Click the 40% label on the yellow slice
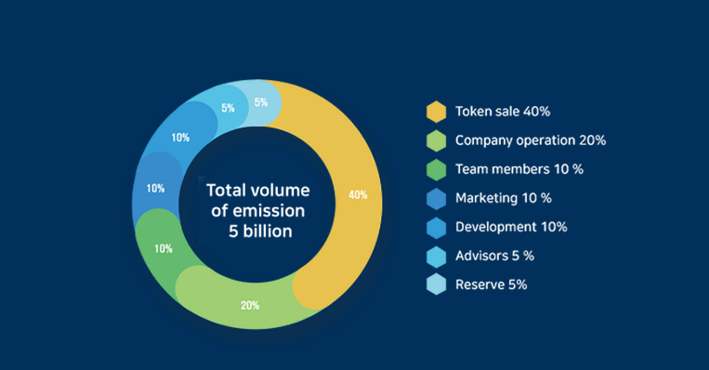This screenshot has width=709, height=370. [358, 195]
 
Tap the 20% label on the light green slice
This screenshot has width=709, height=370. [250, 305]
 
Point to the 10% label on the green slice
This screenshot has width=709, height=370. [164, 248]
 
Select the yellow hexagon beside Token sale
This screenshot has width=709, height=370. [437, 112]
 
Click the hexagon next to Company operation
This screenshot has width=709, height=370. [437, 140]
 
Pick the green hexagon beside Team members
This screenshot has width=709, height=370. [437, 169]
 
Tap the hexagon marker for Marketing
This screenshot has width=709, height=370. [437, 199]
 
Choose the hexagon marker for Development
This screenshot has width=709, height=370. [437, 228]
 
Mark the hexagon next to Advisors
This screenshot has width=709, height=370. [437, 257]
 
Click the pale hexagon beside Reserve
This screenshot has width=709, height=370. [437, 284]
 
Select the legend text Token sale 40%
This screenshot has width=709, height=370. [503, 112]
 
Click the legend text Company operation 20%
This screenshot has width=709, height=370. [531, 140]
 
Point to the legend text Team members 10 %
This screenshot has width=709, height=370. [519, 169]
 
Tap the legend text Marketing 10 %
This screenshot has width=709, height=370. [504, 198]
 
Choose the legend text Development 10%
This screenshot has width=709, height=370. [511, 227]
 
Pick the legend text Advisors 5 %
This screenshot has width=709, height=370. [494, 256]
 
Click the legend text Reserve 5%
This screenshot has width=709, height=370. [491, 285]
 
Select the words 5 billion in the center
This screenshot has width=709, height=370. [260, 231]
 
